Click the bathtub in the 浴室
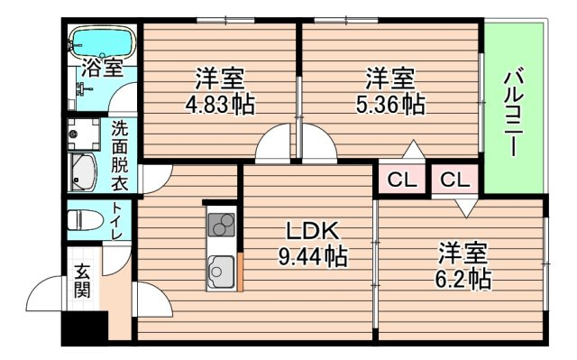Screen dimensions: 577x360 102,42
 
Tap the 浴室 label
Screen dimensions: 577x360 102,68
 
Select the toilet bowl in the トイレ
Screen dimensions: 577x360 85,220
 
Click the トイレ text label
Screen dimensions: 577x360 117,220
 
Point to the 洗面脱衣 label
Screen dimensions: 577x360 120,155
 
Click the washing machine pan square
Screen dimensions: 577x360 84,134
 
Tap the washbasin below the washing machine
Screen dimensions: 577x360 82,172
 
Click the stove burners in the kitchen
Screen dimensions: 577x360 221,225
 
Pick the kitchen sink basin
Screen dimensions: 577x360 221,272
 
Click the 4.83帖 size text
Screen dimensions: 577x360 220,106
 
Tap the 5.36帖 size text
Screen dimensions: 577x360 390,106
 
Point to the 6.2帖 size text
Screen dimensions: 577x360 463,280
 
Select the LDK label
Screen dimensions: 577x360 313,231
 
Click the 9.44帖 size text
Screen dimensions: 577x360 313,256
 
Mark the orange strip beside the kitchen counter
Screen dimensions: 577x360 241,272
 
